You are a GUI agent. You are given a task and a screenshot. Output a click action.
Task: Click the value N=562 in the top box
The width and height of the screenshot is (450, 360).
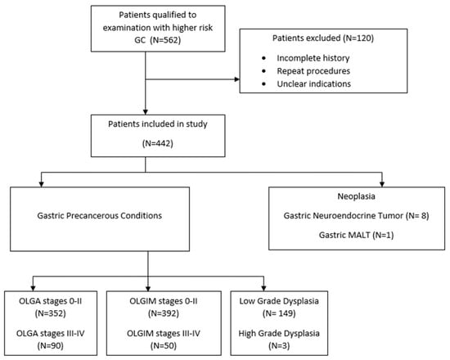[x=166, y=40]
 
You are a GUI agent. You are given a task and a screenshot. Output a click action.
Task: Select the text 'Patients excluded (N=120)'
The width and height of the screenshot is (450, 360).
[x=323, y=38]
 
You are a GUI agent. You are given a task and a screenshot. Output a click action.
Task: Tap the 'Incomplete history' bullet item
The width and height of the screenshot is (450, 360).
[x=313, y=58]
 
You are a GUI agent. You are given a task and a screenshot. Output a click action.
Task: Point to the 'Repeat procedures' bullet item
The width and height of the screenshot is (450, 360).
[x=313, y=71]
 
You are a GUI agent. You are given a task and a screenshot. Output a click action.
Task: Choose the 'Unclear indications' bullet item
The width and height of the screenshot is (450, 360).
[x=313, y=83]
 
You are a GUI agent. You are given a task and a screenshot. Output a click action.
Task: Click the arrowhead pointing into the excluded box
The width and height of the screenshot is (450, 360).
[x=237, y=79]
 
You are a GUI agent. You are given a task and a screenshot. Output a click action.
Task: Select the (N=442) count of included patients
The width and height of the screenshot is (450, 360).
[x=158, y=143]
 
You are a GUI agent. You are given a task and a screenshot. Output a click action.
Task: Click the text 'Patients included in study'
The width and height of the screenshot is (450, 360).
[x=158, y=124]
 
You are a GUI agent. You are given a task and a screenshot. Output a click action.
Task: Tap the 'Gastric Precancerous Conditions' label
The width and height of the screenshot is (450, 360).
[x=100, y=216]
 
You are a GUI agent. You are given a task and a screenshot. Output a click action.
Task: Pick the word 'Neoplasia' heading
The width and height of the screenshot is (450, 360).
[x=356, y=196]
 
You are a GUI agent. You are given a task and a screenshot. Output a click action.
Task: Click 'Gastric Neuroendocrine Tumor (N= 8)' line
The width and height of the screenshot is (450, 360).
[x=356, y=216]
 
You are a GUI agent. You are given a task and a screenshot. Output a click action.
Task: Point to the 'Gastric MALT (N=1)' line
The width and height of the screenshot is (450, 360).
[x=356, y=235]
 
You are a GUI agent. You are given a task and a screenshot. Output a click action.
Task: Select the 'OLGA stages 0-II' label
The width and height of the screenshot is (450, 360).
[x=50, y=301]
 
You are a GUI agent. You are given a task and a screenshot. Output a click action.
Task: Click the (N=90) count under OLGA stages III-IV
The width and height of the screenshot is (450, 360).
[x=50, y=345]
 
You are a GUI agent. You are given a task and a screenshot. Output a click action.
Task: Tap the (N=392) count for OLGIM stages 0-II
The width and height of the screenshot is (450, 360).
[x=164, y=313]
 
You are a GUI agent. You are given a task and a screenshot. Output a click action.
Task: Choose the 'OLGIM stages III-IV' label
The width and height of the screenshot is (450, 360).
[x=164, y=334]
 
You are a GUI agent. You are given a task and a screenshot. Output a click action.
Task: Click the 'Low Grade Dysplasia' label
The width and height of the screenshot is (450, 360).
[x=279, y=301]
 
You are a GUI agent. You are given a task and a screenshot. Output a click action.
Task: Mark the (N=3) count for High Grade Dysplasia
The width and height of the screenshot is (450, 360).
[x=279, y=345]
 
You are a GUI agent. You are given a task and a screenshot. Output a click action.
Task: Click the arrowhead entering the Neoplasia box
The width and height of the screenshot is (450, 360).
[x=382, y=184]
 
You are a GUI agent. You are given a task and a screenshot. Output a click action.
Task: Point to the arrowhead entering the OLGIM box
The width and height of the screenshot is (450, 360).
[x=148, y=288]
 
